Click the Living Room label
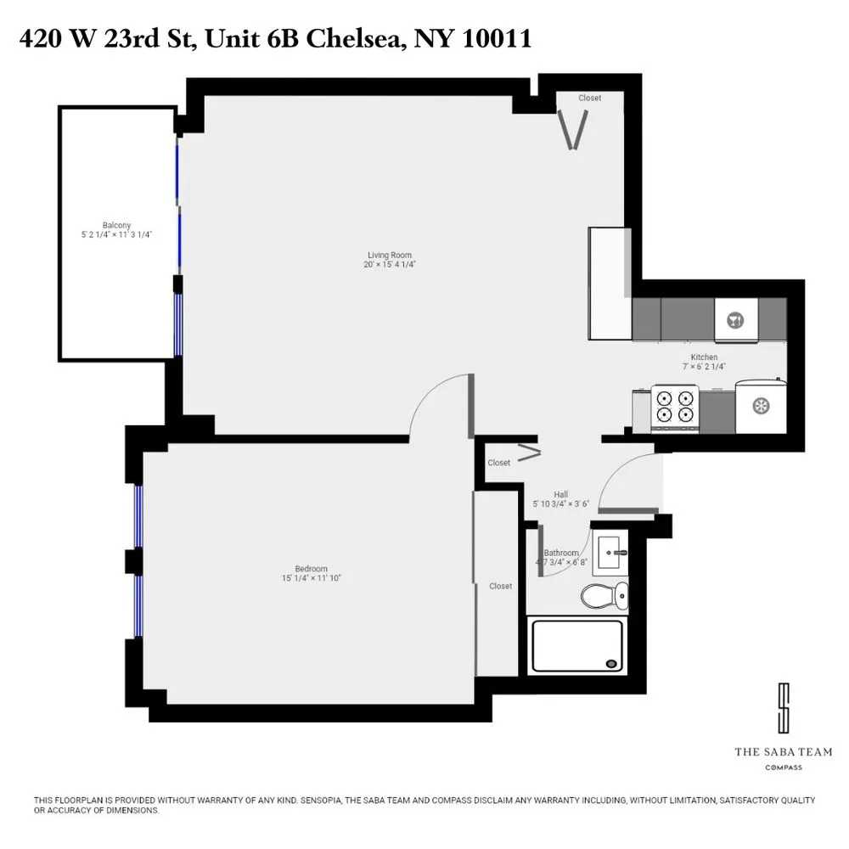[x=390, y=255]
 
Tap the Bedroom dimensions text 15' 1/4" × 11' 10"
[x=311, y=578]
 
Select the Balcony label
[x=116, y=225]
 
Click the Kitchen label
[x=704, y=357]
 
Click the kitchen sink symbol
[x=735, y=321]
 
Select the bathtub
[x=576, y=646]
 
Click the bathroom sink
[x=611, y=553]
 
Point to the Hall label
[x=560, y=494]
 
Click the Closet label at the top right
[x=590, y=98]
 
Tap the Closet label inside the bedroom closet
[x=501, y=586]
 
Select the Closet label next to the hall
[x=498, y=463]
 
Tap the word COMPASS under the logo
[x=784, y=767]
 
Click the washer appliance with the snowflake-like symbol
[x=762, y=405]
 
